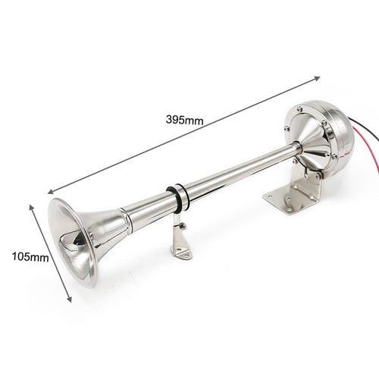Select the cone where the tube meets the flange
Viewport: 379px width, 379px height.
(x=308, y=145)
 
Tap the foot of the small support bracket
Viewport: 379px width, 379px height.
(x=182, y=252)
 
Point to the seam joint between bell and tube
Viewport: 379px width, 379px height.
(x=130, y=221)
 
